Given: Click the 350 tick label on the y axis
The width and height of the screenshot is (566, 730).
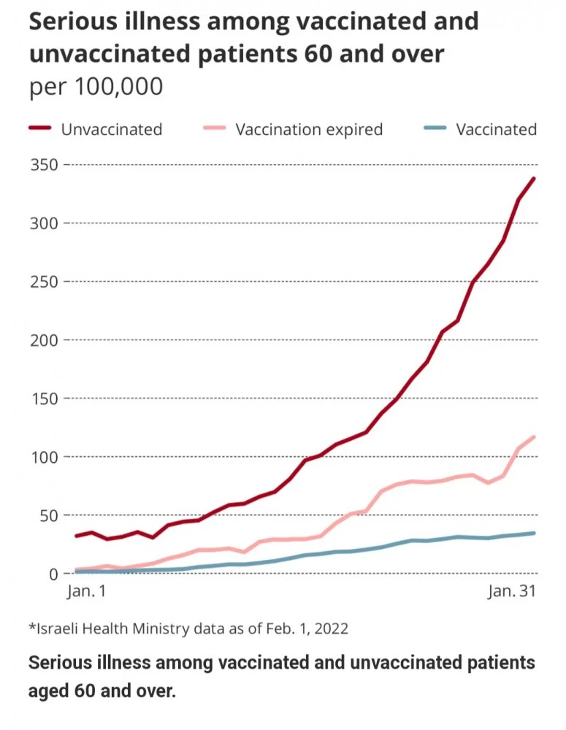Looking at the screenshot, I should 45,164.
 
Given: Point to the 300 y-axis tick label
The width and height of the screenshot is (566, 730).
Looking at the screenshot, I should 45,223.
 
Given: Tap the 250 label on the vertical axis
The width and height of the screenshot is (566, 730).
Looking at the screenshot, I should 45,281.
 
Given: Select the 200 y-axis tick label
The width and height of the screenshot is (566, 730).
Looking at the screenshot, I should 45,339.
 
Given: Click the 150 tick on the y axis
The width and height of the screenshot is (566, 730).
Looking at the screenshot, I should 45,398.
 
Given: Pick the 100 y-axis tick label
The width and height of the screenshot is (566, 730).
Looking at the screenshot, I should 45,457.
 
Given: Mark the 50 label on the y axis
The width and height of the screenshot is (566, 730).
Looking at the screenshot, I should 48,515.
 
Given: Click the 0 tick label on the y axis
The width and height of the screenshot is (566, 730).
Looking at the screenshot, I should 53,574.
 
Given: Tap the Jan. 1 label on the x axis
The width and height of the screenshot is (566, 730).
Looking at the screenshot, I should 85,592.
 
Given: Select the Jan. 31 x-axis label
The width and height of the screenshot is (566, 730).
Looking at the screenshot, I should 511,592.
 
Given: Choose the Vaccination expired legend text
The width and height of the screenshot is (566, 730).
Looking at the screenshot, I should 308,130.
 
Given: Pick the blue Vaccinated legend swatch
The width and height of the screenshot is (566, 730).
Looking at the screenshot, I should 435,129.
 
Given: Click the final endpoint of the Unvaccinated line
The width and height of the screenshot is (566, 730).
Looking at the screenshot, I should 534,178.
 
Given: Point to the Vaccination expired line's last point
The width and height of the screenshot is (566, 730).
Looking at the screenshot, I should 534,437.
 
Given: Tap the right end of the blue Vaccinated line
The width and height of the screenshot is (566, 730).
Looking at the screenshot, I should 534,533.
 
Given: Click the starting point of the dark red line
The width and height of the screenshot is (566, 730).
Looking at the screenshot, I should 76,536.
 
